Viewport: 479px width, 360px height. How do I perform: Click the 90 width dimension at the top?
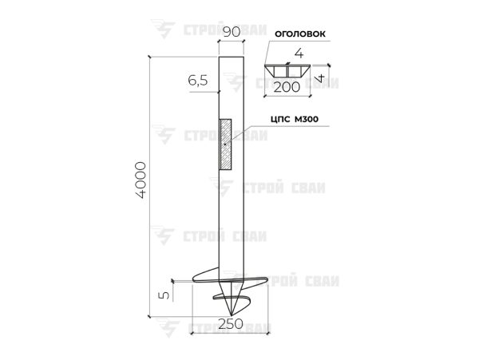[232, 32]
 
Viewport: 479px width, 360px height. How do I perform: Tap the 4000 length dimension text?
[141, 180]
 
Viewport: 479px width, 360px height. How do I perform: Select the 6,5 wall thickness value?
[198, 81]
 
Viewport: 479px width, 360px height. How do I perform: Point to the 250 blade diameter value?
[231, 323]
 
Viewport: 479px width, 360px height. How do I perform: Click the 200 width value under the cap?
[287, 88]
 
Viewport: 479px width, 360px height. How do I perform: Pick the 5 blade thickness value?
[164, 295]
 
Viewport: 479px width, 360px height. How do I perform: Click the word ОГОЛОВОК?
[300, 34]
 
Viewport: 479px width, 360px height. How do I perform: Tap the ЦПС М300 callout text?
[295, 119]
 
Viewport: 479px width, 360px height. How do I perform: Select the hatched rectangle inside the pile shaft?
[225, 144]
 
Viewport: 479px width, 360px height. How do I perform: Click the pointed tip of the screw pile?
[232, 315]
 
